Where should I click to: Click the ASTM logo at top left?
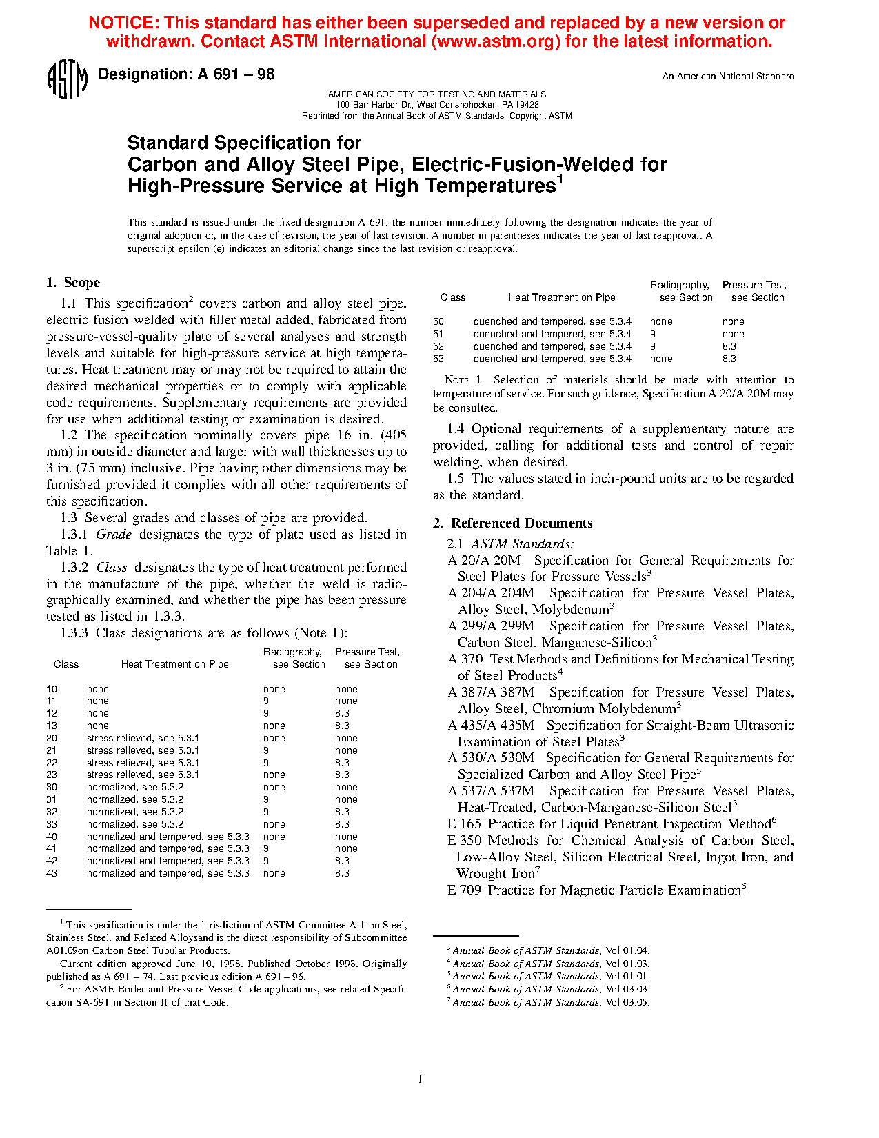67,79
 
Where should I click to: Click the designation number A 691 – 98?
236,74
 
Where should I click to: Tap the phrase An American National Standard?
728,77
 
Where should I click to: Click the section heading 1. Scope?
73,283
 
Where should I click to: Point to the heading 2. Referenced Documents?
513,523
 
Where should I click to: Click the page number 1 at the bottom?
420,1079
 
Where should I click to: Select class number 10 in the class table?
52,689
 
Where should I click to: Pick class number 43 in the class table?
52,873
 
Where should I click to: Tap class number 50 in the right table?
438,321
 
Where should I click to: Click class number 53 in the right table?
438,359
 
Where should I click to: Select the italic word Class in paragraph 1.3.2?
112,568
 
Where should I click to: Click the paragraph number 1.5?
456,479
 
